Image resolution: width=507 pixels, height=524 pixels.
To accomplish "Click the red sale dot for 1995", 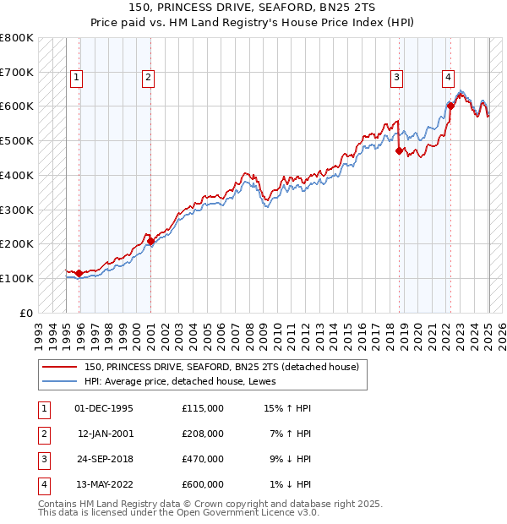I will [79, 273].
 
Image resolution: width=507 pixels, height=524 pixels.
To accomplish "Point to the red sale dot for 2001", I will [150, 241].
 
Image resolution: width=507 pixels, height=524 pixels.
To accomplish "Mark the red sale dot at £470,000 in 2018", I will [400, 150].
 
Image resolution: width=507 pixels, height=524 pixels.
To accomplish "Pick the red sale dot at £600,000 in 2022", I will [450, 106].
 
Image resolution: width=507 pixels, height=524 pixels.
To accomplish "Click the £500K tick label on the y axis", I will [17, 140].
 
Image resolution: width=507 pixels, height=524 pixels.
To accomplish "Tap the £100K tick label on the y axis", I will [17, 278].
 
